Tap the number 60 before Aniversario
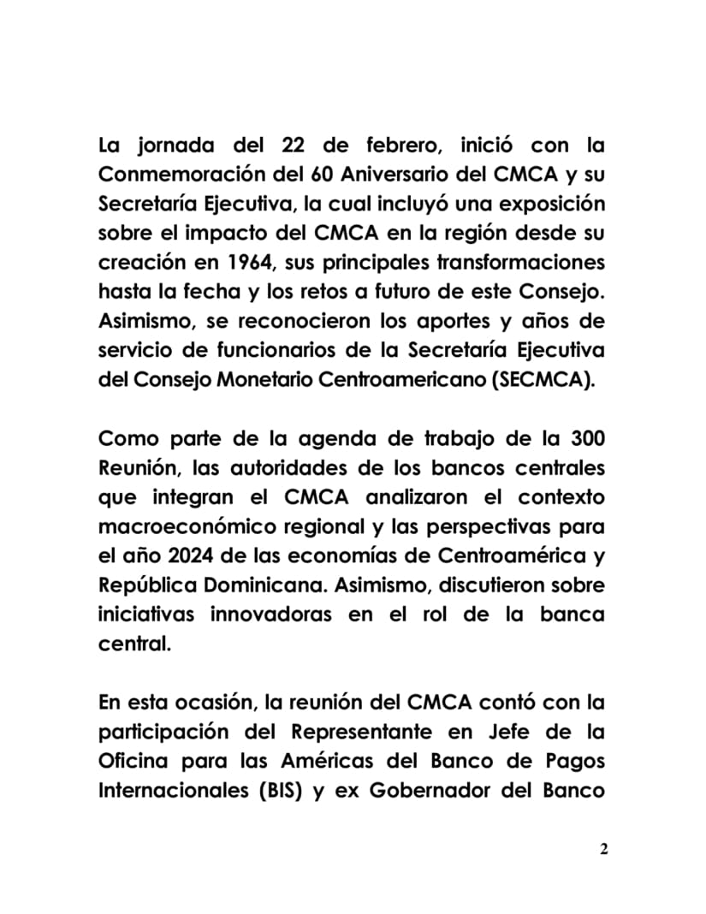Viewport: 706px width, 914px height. click(x=318, y=175)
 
